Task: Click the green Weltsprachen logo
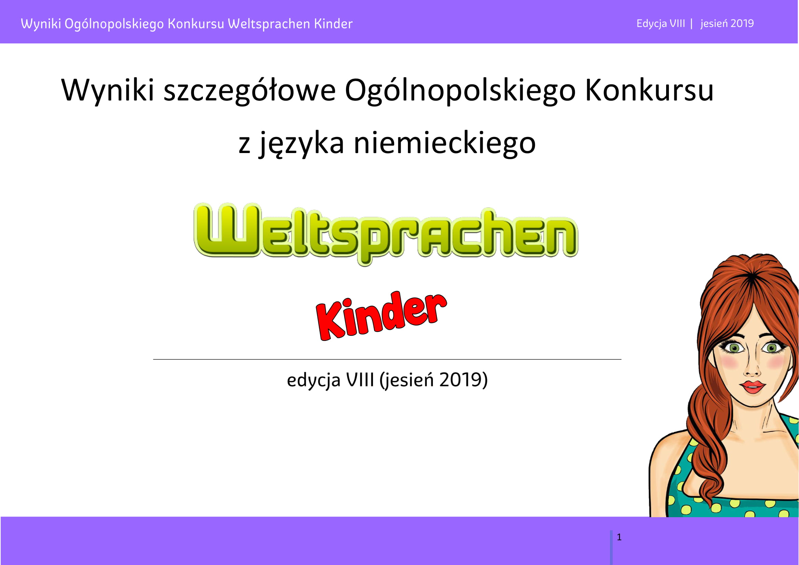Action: coord(386,233)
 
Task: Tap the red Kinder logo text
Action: coord(382,316)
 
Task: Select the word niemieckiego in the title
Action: coord(444,143)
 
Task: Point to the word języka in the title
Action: coord(301,144)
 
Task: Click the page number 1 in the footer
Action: coord(619,537)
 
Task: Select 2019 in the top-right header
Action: coord(742,23)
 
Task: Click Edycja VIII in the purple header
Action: coord(661,24)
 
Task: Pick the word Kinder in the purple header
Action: coord(333,24)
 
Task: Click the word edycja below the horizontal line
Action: coord(313,380)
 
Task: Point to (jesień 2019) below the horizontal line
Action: coord(433,380)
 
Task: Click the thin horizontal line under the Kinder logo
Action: coord(387,359)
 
